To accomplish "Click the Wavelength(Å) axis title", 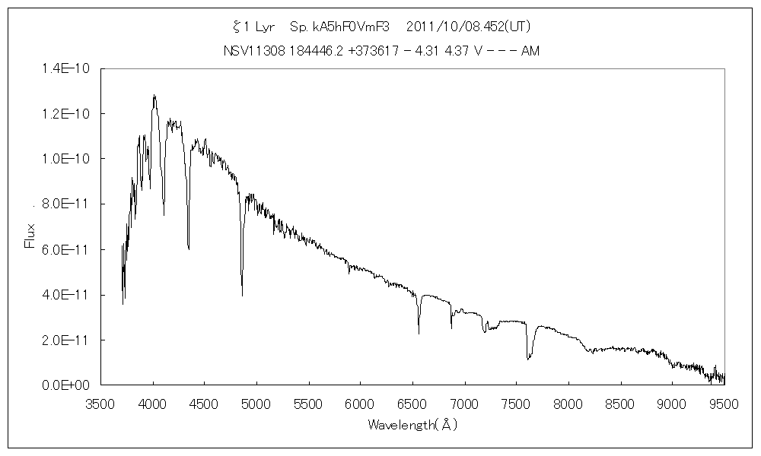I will (x=412, y=425).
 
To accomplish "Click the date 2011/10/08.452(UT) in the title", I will (x=469, y=27).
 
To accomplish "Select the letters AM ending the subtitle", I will (x=530, y=51).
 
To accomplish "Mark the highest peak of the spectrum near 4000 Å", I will (x=154, y=96).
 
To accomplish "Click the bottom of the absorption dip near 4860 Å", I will (x=242, y=295).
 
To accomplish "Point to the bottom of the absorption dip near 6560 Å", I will (x=419, y=333).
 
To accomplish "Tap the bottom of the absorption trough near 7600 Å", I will (x=528, y=359).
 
